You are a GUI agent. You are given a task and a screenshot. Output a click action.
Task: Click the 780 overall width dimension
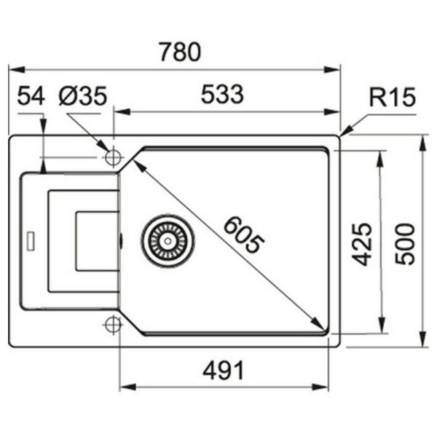[x=175, y=52]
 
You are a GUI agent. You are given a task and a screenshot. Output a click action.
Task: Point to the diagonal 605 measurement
[x=241, y=235]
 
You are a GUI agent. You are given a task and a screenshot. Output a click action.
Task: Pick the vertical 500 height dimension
[x=405, y=243]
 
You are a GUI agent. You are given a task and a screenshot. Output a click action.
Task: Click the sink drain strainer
[x=169, y=238]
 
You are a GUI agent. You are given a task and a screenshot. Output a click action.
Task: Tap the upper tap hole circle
[x=114, y=157]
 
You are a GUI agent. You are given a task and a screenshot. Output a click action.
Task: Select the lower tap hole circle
[x=114, y=325]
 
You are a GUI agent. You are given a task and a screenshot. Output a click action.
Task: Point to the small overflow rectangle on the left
[x=31, y=239]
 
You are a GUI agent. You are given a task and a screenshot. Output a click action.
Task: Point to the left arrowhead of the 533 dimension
[x=119, y=112]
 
